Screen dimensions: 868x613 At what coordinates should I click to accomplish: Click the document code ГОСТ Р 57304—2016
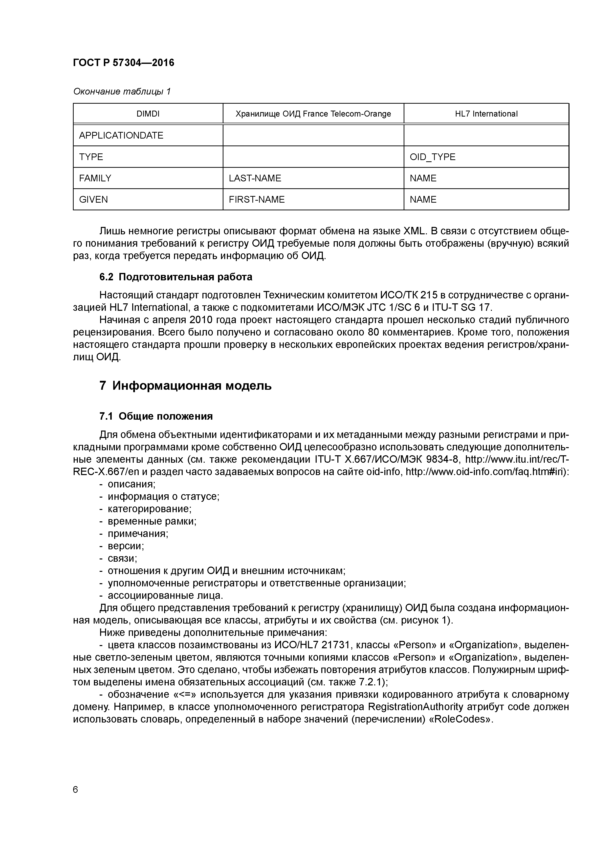(124, 63)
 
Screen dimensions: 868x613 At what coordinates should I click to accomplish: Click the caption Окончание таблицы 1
(122, 92)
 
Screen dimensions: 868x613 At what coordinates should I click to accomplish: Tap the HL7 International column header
(486, 114)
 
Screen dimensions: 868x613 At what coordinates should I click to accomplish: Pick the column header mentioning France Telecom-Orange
(313, 114)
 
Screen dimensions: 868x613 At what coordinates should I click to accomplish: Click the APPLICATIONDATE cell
(121, 135)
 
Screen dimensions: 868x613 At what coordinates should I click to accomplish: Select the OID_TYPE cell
(433, 157)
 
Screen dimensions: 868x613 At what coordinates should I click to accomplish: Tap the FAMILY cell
(95, 178)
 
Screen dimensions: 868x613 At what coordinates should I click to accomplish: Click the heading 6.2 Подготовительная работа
(176, 277)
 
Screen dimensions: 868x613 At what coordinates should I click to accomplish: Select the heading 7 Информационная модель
(185, 386)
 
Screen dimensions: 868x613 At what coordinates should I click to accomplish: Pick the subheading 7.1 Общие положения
(156, 416)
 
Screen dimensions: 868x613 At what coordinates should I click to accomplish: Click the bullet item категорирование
(150, 509)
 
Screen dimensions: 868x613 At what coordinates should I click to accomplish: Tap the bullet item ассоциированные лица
(165, 595)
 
